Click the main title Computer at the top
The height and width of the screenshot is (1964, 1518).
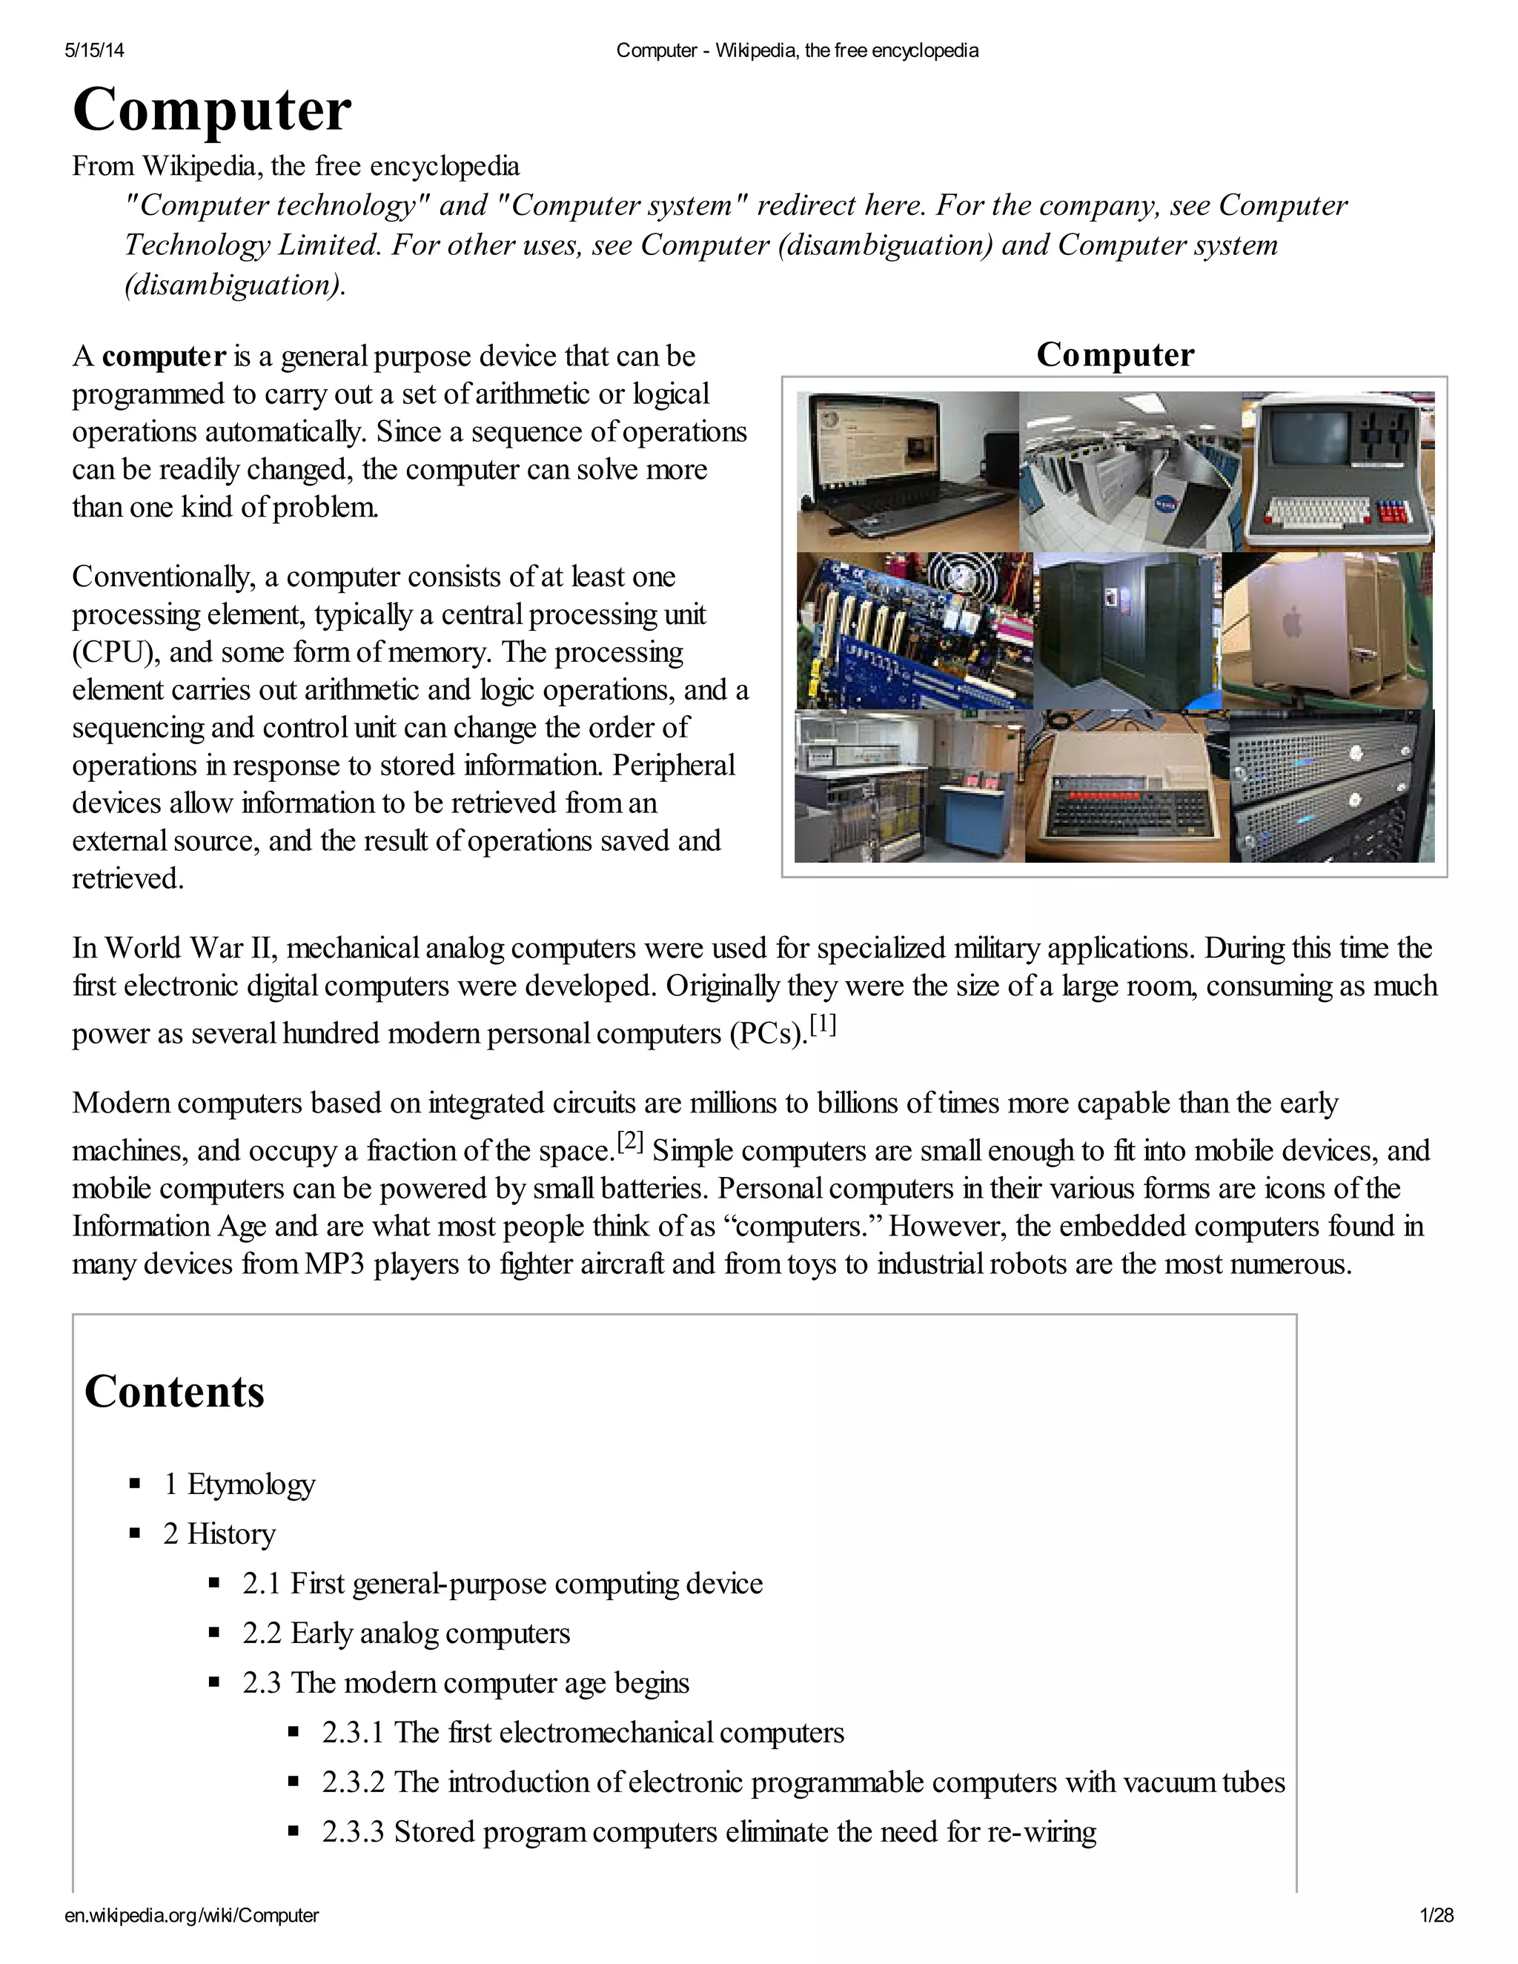pos(211,110)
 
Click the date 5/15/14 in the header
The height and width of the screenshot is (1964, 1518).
pos(94,50)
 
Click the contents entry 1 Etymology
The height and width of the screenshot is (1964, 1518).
pos(239,1484)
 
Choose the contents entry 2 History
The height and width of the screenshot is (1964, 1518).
pos(219,1533)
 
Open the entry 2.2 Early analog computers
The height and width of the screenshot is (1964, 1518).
pos(405,1633)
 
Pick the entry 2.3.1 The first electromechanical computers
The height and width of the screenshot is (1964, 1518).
pos(583,1732)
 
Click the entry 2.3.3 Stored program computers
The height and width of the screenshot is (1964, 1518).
pos(709,1832)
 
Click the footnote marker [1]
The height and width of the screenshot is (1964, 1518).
pos(823,1025)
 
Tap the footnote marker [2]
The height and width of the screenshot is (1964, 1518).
pos(631,1142)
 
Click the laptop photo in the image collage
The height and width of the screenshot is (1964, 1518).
pos(907,471)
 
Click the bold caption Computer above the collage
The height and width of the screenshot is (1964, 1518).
pos(1115,354)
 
